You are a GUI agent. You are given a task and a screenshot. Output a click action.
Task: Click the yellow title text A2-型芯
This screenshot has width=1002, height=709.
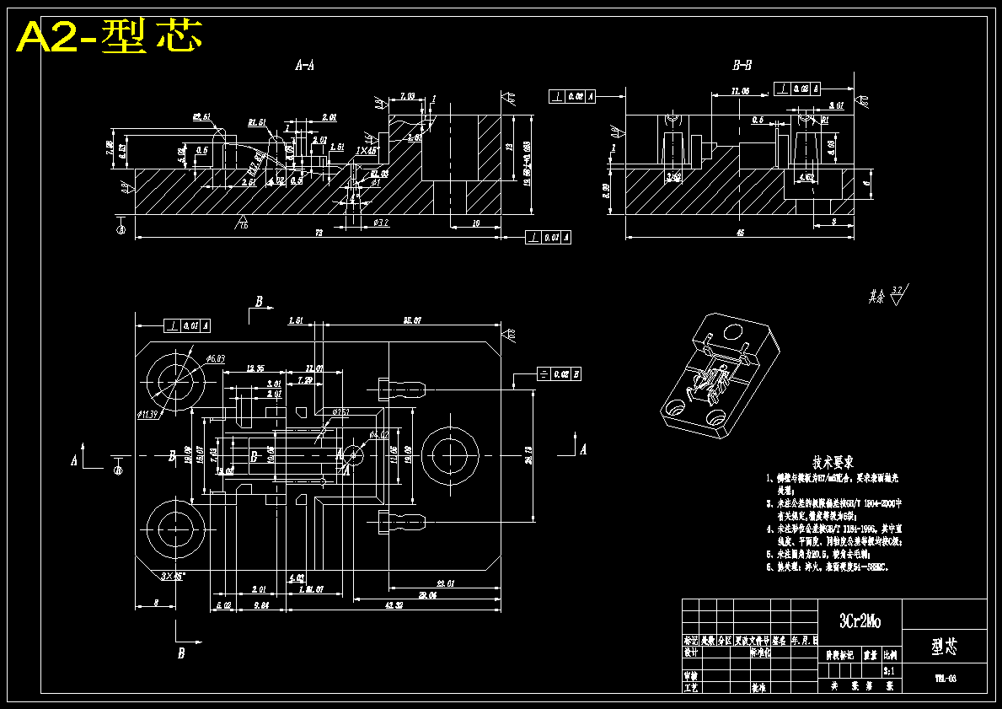[110, 36]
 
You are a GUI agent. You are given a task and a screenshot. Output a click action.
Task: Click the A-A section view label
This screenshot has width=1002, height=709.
[304, 65]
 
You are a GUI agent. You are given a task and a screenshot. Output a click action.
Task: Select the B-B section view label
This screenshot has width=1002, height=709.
[742, 65]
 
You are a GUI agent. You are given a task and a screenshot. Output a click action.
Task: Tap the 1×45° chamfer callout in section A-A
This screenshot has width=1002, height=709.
[367, 150]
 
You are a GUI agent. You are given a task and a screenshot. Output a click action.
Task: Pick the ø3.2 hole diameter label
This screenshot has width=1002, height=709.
[381, 223]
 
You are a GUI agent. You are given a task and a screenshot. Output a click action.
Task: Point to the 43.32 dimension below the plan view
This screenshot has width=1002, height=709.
[393, 604]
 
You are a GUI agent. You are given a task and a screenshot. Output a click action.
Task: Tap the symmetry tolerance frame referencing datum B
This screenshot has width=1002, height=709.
[559, 373]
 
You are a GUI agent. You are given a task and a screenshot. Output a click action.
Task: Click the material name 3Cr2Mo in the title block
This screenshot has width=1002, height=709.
[860, 622]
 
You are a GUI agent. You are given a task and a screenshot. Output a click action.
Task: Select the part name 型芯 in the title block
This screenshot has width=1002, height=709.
[944, 647]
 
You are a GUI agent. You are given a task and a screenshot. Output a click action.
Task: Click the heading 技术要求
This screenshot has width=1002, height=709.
[833, 462]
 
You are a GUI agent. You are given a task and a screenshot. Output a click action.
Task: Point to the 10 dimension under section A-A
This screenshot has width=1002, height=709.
[476, 223]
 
